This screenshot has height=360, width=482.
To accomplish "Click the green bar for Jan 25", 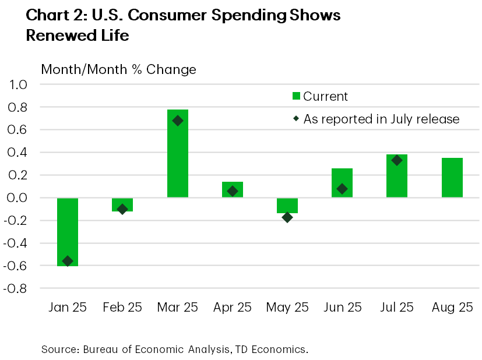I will (x=68, y=232).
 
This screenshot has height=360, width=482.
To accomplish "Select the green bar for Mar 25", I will (x=178, y=153).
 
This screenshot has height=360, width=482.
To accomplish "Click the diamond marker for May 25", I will (x=287, y=217).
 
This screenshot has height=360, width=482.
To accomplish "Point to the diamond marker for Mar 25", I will (x=178, y=121).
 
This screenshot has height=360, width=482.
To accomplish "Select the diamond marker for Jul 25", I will (x=397, y=160).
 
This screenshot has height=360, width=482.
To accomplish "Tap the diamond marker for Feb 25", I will (x=122, y=209).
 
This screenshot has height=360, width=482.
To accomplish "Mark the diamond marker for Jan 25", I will (x=68, y=261).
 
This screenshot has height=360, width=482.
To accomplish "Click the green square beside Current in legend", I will (x=296, y=97).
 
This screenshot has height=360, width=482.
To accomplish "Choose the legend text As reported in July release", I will (x=382, y=119).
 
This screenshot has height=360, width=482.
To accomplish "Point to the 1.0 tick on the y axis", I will (x=17, y=85).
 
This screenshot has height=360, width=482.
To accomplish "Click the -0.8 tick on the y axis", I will (x=15, y=288).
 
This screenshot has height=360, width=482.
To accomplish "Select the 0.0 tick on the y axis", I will (x=17, y=198).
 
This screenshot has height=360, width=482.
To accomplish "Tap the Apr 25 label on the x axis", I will (x=232, y=308).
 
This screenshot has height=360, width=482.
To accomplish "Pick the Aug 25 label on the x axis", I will (x=452, y=308).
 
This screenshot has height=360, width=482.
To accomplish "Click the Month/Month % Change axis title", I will (x=118, y=70).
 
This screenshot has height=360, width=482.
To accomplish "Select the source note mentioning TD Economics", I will (x=174, y=350).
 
